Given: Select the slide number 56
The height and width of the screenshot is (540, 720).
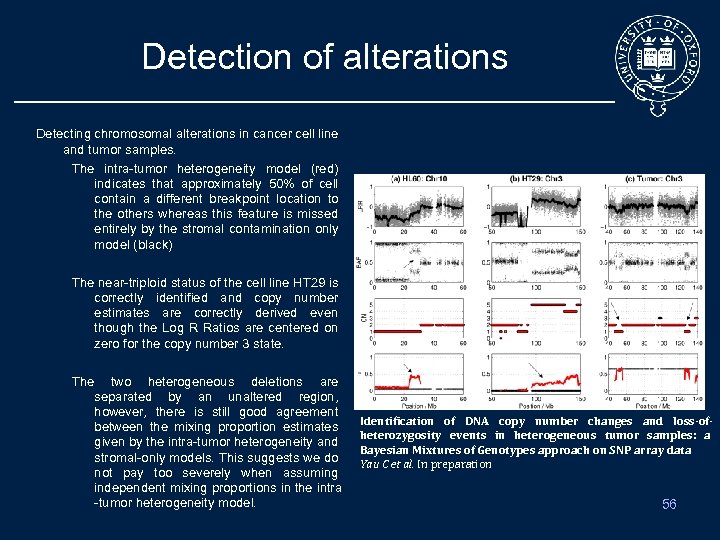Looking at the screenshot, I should tap(669, 504).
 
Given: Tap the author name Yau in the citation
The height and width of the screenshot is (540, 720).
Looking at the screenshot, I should tap(369, 464).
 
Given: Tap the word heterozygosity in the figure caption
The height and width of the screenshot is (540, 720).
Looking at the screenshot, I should tap(400, 435).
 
